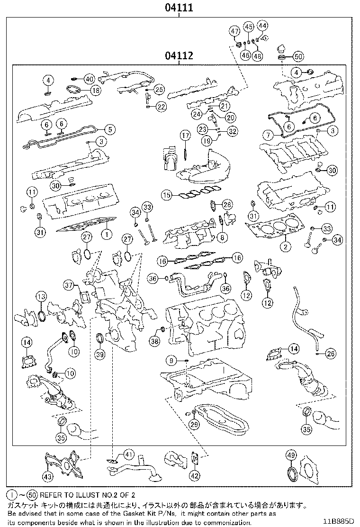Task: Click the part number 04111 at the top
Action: point(179,8)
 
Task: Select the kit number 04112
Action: point(179,56)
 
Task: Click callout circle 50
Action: point(297,56)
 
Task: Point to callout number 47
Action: point(234,31)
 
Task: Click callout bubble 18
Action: point(96,90)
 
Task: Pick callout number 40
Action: point(90,78)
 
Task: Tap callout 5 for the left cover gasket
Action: point(109,128)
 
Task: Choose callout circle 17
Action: point(185,136)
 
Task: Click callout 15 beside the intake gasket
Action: point(166,194)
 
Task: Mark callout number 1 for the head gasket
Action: point(107,233)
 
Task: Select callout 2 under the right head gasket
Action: point(285,246)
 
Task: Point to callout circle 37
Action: point(70,285)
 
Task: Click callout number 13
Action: point(41,297)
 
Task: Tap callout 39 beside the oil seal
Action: point(99,354)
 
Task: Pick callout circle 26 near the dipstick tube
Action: point(330,353)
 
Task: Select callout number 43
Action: point(48,476)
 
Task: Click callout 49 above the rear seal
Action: point(291,455)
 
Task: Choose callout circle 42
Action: point(195,476)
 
